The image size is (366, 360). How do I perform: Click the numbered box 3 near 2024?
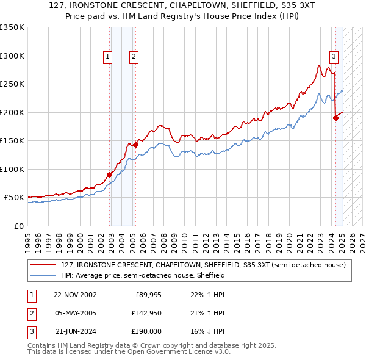coord(334,57)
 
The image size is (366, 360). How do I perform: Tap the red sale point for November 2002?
coord(110,175)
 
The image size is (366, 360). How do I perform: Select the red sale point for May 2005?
coord(135,145)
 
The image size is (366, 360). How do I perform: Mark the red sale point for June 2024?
coord(335,118)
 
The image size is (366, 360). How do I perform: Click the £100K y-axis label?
coord(12,169)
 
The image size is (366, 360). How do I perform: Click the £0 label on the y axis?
coord(18,226)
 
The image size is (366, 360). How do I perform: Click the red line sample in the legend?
coord(43,265)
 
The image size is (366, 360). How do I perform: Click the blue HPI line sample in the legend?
coord(43,275)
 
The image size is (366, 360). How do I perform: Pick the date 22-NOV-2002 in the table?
coord(75,295)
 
